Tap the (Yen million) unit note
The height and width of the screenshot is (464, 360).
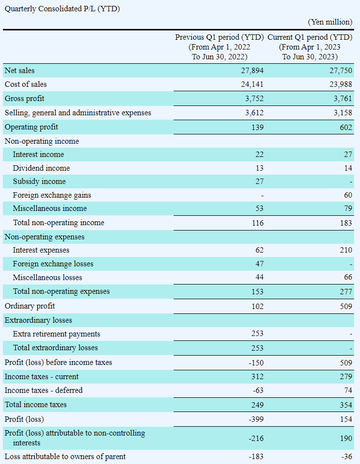click(330, 22)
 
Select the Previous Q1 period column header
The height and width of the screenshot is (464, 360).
click(219, 47)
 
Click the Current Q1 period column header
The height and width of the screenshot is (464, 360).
click(310, 47)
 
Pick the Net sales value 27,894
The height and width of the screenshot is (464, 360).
click(252, 71)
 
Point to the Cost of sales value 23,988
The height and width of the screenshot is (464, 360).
click(341, 84)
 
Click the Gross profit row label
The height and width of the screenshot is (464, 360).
click(25, 99)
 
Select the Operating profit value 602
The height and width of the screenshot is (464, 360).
click(345, 127)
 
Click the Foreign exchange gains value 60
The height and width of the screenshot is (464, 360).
click(347, 195)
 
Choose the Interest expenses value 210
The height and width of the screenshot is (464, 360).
click(345, 250)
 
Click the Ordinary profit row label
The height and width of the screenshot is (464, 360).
click(29, 306)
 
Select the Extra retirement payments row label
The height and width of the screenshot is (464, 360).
click(56, 334)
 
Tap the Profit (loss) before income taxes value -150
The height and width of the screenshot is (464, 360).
click(256, 362)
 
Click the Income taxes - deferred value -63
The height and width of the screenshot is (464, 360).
click(257, 390)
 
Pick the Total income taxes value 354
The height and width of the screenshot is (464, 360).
click(345, 405)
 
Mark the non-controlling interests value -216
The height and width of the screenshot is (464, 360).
click(256, 438)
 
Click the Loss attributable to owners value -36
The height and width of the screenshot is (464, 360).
click(347, 457)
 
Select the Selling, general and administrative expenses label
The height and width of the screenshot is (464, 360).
click(77, 113)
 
